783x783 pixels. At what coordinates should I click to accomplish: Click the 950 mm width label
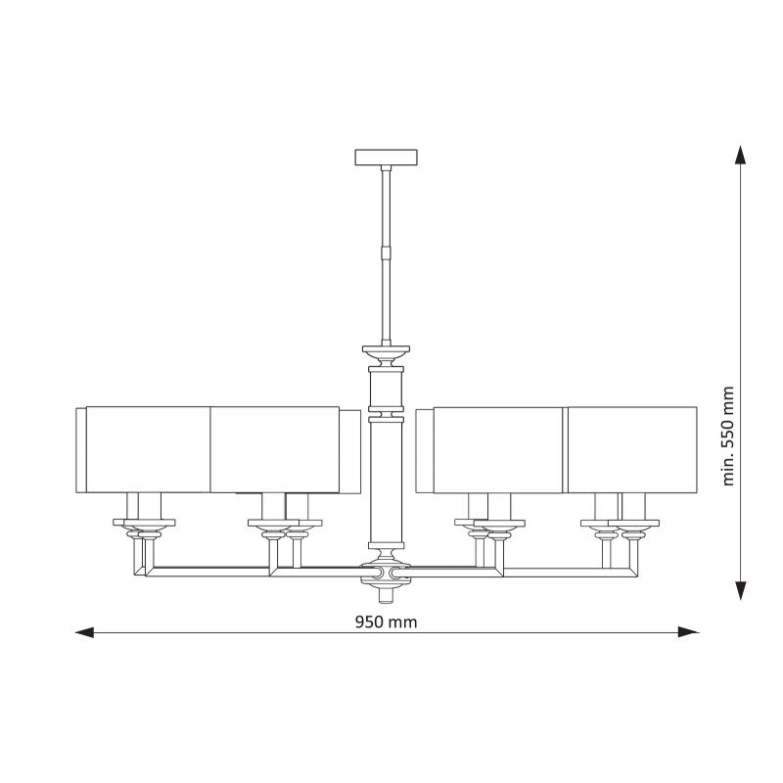click(386, 622)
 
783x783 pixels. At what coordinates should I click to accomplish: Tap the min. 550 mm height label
click(728, 436)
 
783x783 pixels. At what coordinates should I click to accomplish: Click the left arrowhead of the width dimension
click(84, 632)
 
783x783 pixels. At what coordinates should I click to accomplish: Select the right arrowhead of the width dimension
click(689, 632)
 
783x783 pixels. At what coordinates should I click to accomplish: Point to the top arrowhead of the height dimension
click(741, 155)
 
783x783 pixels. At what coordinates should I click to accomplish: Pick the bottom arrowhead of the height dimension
click(741, 591)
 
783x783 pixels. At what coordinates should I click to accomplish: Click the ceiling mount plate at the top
click(386, 158)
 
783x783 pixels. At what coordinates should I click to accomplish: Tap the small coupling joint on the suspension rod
click(386, 252)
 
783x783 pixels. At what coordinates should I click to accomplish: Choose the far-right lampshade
click(632, 450)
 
